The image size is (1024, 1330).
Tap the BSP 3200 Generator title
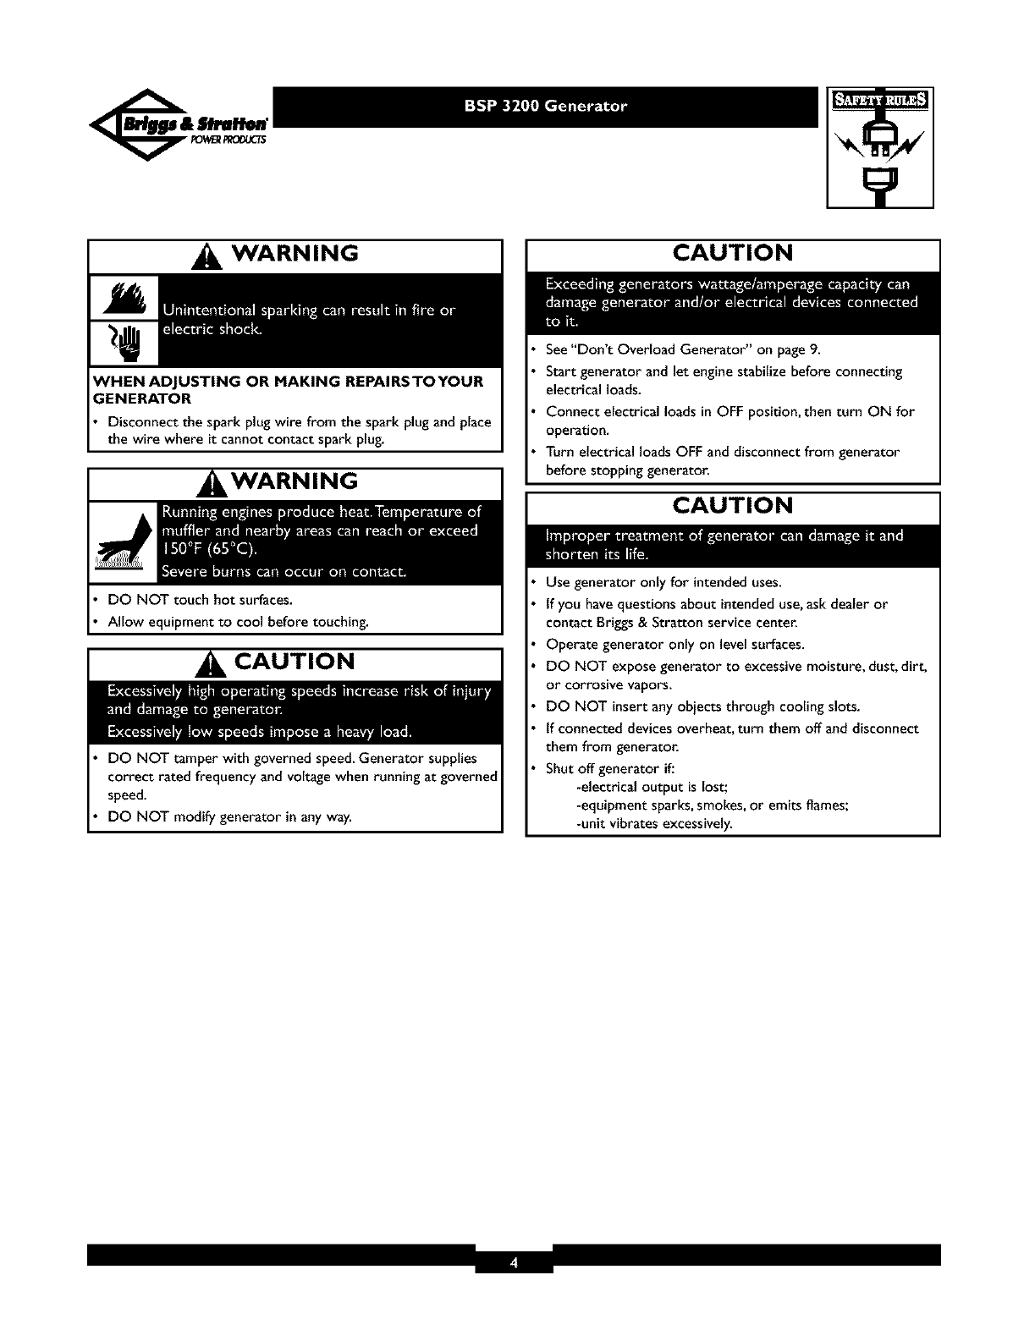[x=546, y=107]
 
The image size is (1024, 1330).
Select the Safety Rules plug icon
[x=880, y=148]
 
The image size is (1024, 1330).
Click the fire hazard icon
[x=124, y=299]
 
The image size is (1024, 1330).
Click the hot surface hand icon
[x=124, y=546]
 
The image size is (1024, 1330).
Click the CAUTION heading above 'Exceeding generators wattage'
[x=733, y=253]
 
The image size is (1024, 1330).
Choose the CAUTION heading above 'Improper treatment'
[x=733, y=505]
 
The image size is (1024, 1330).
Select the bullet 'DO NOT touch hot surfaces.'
[x=200, y=601]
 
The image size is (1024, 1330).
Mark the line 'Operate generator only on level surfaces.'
[x=674, y=645]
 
